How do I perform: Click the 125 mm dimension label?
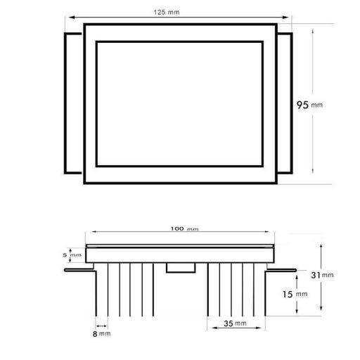tap(167, 12)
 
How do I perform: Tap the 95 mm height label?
tap(309, 105)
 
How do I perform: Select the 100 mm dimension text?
tap(184, 229)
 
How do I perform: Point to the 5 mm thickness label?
tap(72, 255)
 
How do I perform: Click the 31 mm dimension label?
tap(322, 275)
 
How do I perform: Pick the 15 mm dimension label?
tap(295, 294)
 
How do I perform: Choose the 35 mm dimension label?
tap(235, 323)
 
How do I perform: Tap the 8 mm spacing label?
tap(101, 334)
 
